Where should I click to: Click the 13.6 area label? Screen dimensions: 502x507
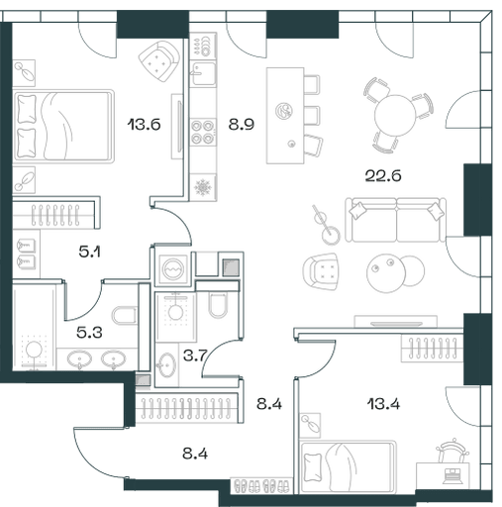pyautogui.click(x=144, y=125)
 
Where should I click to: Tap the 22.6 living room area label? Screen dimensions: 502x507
pyautogui.click(x=383, y=175)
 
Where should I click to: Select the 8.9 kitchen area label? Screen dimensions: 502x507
pyautogui.click(x=242, y=125)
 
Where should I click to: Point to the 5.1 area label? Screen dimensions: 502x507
pyautogui.click(x=90, y=253)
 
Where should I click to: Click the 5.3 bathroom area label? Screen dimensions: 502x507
pyautogui.click(x=89, y=333)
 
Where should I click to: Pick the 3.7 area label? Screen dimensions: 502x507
pyautogui.click(x=195, y=355)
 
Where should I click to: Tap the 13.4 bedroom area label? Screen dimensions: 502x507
pyautogui.click(x=383, y=404)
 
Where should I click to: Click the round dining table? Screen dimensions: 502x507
pyautogui.click(x=395, y=116)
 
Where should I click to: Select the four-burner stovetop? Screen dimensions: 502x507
pyautogui.click(x=202, y=132)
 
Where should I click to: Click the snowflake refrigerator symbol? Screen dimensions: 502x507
pyautogui.click(x=203, y=187)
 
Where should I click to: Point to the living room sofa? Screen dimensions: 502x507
pyautogui.click(x=395, y=220)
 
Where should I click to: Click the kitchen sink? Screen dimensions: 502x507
pyautogui.click(x=204, y=73)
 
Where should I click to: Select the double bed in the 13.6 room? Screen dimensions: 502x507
pyautogui.click(x=63, y=126)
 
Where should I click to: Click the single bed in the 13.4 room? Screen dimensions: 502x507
pyautogui.click(x=348, y=467)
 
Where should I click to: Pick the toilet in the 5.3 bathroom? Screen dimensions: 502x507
pyautogui.click(x=124, y=316)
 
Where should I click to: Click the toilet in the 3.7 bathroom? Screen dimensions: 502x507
pyautogui.click(x=218, y=304)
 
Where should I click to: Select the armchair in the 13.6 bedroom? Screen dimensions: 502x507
pyautogui.click(x=159, y=61)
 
